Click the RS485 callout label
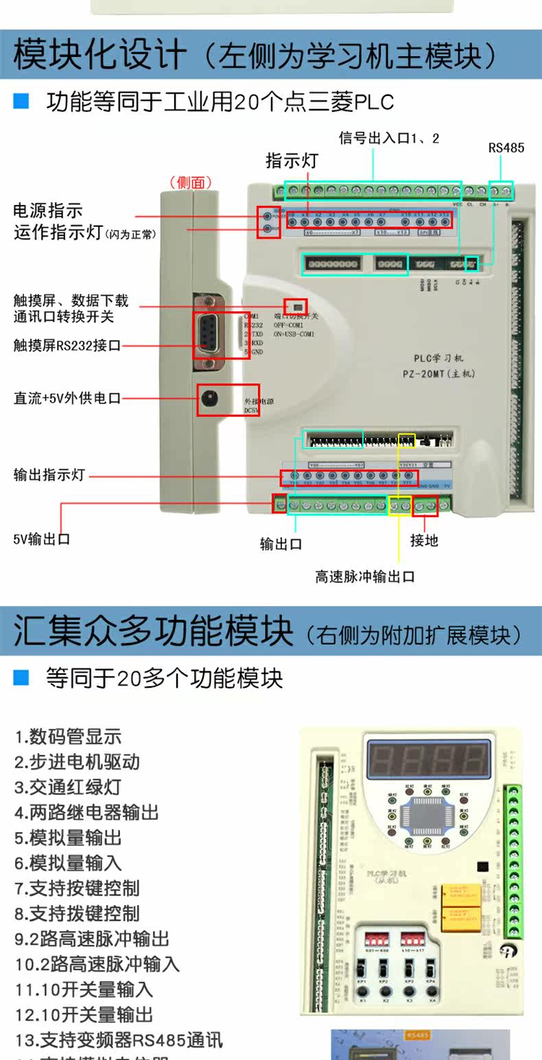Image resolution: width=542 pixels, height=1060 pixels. [x=506, y=147]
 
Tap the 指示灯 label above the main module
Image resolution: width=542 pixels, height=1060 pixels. [x=292, y=161]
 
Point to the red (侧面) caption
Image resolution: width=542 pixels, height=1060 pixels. [x=191, y=182]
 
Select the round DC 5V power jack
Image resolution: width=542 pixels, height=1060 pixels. [x=209, y=399]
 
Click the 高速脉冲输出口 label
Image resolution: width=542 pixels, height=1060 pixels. [x=365, y=577]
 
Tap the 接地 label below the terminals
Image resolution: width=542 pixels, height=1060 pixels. [x=424, y=540]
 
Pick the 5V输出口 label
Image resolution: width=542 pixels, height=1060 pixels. [x=42, y=539]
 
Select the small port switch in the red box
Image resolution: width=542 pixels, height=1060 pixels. [x=296, y=306]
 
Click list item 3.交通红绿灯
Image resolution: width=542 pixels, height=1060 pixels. [x=68, y=787]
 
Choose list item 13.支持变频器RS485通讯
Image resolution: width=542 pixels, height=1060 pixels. [x=119, y=1039]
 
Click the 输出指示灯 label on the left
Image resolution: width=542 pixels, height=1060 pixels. [x=49, y=474]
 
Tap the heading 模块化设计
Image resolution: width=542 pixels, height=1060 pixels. [x=100, y=55]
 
